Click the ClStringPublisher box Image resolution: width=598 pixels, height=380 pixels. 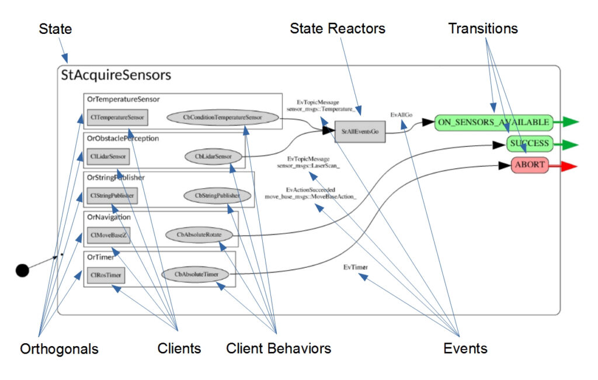pyautogui.click(x=112, y=195)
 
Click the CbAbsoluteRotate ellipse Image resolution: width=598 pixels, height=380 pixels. pyautogui.click(x=201, y=235)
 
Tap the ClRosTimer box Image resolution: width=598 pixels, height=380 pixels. pyautogui.click(x=105, y=274)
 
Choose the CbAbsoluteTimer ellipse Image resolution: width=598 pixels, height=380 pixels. pyautogui.click(x=195, y=274)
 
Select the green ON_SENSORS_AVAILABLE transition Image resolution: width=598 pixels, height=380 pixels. pyautogui.click(x=493, y=122)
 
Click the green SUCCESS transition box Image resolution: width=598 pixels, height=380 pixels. pyautogui.click(x=529, y=143)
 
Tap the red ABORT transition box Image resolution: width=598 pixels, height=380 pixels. pyautogui.click(x=530, y=165)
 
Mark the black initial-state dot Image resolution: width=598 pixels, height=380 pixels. pyautogui.click(x=22, y=270)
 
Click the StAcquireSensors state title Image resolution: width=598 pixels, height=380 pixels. pyautogui.click(x=116, y=75)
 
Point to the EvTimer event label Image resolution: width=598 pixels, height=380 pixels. pyautogui.click(x=356, y=267)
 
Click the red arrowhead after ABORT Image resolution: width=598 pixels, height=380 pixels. pyautogui.click(x=568, y=167)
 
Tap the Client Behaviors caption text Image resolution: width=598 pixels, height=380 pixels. pyautogui.click(x=279, y=349)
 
